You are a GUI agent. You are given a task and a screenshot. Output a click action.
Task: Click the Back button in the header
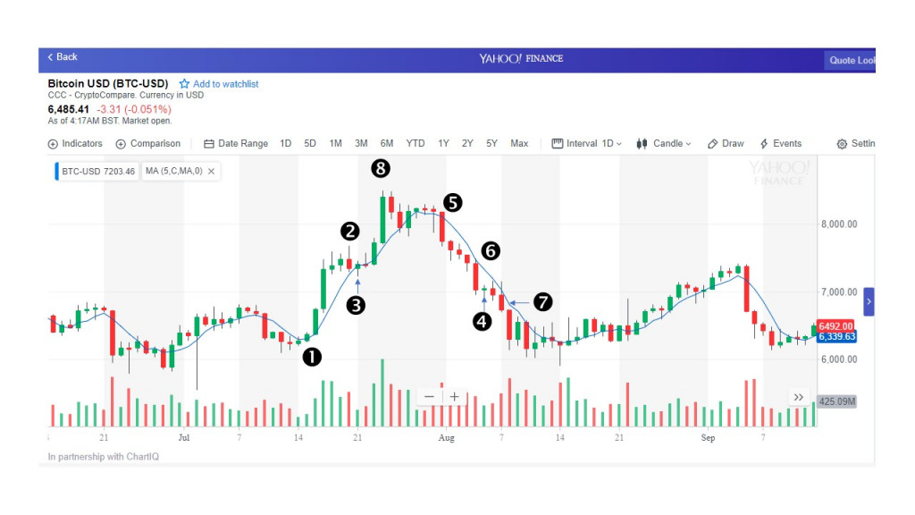[x=63, y=57]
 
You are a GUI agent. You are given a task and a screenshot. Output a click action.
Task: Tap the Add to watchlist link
[x=219, y=84]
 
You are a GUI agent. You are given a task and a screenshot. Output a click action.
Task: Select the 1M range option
[x=335, y=144]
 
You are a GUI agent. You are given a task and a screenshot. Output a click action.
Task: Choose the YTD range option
[x=416, y=144]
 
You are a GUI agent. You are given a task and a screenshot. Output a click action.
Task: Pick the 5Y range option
[x=491, y=144]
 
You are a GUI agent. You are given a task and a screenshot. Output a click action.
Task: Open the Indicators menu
[x=76, y=144]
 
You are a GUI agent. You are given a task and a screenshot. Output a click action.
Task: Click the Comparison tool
[x=148, y=144]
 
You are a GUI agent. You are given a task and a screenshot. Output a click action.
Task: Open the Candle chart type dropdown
[x=665, y=144]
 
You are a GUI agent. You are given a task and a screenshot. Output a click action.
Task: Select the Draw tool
[x=726, y=144]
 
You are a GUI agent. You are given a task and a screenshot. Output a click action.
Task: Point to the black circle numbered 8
[x=382, y=167]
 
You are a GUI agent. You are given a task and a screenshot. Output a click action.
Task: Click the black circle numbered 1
[x=312, y=357]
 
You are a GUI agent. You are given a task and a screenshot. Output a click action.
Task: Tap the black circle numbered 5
[x=453, y=203]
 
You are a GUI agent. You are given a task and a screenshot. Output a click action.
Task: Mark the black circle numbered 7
[x=543, y=302]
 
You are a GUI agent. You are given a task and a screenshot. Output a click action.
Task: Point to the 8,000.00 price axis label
[x=839, y=224]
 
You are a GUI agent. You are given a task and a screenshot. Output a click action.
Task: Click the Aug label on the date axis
[x=447, y=438]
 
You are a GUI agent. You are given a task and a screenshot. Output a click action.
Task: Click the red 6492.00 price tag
[x=835, y=326]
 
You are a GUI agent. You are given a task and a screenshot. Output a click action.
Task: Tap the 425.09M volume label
[x=837, y=401]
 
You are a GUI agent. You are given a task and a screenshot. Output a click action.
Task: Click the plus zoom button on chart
[x=454, y=397]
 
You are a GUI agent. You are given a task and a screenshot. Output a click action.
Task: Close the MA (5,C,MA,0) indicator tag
[x=211, y=171]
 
